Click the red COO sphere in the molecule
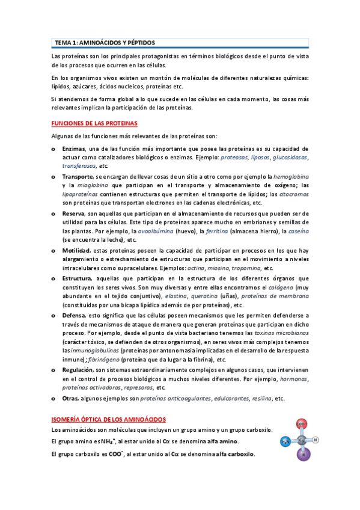[301, 424]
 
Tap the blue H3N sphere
[285, 441]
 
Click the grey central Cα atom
[302, 440]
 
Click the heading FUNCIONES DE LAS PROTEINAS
[94, 123]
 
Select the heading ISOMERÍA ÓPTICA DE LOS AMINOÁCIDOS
[109, 419]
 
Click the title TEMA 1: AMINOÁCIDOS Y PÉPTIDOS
[105, 43]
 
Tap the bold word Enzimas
[74, 149]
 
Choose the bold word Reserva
[73, 214]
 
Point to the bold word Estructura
[77, 278]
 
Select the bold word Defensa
[75, 315]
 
